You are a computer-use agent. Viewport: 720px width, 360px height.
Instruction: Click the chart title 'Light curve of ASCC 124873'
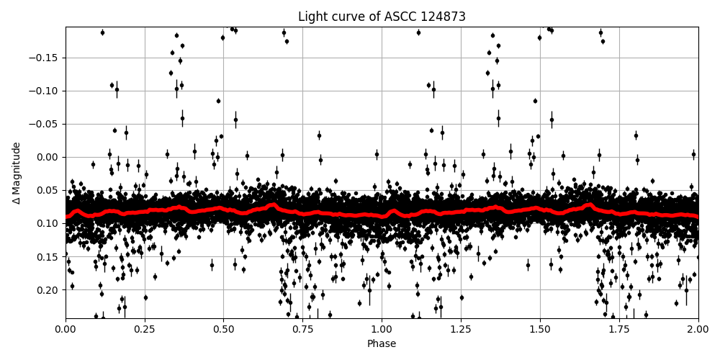click(382, 17)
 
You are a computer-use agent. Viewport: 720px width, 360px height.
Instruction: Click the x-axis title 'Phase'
click(382, 344)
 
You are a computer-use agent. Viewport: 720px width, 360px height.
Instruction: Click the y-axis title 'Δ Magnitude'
click(17, 173)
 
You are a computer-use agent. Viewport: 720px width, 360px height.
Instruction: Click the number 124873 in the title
click(441, 17)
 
